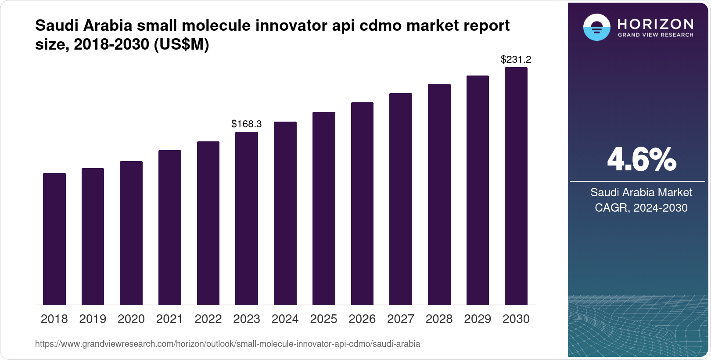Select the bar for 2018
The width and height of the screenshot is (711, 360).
(x=54, y=239)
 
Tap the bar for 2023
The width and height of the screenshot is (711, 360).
(x=247, y=218)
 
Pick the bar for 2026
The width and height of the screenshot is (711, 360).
(x=362, y=204)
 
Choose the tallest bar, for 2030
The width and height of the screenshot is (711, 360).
(x=516, y=186)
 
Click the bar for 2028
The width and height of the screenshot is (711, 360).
(x=439, y=194)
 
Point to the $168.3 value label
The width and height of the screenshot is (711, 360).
(x=247, y=124)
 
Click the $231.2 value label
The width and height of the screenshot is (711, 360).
(x=516, y=59)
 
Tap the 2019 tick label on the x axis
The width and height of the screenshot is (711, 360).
(x=93, y=319)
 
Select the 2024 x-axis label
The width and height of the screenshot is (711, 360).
(x=285, y=319)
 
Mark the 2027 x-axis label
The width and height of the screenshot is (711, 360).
(x=401, y=319)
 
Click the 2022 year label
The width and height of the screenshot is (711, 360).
(x=208, y=319)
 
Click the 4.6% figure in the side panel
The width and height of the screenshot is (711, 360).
(x=641, y=160)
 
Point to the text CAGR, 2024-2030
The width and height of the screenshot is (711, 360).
(x=641, y=208)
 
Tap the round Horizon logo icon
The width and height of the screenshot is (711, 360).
(x=596, y=27)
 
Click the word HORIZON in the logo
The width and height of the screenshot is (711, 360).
(x=655, y=24)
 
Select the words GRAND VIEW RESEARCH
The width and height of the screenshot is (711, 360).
(x=655, y=35)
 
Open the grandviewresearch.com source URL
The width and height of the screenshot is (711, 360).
(x=227, y=344)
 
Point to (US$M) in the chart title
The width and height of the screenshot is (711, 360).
(x=181, y=44)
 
